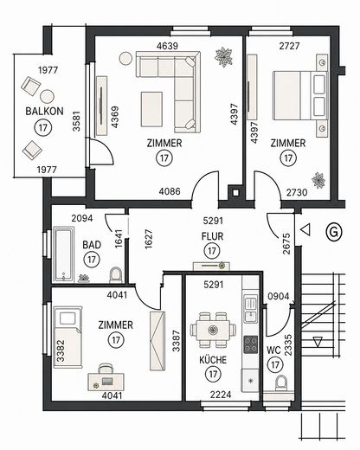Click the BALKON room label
[x=44, y=112]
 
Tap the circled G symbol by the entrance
[x=334, y=231]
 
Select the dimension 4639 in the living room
[x=167, y=46]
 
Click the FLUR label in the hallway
[x=212, y=236]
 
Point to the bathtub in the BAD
[x=64, y=255]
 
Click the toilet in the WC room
[x=281, y=382]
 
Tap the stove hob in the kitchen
[x=250, y=344]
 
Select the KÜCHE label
[x=213, y=360]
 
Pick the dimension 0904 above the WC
[x=279, y=296]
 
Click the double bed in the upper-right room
[x=300, y=95]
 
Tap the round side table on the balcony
[x=47, y=96]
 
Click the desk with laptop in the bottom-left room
[x=106, y=382]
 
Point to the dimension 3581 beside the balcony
[x=76, y=121]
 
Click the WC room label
[x=273, y=350]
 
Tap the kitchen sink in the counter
[x=250, y=309]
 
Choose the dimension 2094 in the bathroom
[x=82, y=218]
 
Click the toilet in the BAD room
[x=116, y=275]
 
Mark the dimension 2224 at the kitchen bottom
[x=221, y=395]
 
